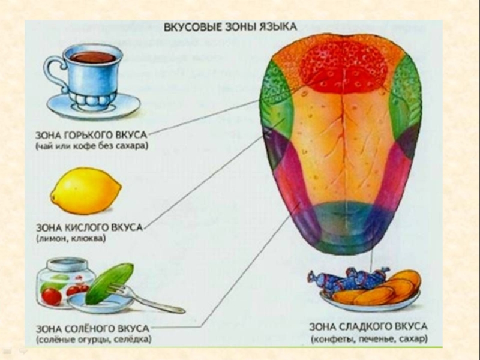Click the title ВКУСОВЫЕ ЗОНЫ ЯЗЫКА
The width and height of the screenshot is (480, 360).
click(x=230, y=28)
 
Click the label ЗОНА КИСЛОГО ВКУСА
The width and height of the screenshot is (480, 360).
click(x=97, y=229)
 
